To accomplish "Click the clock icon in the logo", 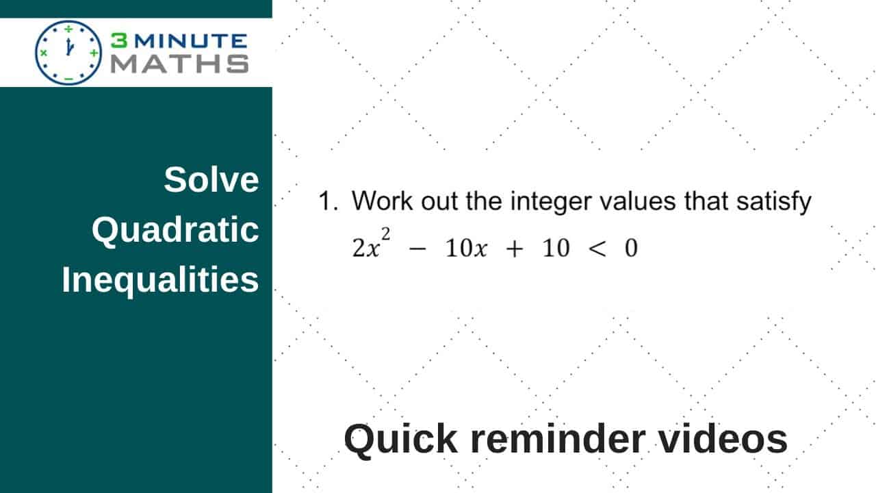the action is point(68,53).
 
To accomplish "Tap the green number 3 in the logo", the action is point(119,40).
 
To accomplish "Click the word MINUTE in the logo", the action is point(191,41).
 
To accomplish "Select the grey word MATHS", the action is point(179,64).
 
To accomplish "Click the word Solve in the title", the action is point(211,180).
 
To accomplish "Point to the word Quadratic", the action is point(175,231).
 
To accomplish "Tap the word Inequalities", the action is point(160,281).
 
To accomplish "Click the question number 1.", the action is point(328,201).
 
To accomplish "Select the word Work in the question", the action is point(382,201).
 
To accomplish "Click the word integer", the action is point(551,203).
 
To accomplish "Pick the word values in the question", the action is point(638,201).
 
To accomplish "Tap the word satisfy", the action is point(774,203).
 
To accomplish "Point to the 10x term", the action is point(466,248).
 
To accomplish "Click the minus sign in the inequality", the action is point(417,249).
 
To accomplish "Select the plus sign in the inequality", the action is point(515,249).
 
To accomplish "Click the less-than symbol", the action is point(597,249).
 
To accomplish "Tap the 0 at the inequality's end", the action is point(631,248).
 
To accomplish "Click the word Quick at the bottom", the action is point(401,440).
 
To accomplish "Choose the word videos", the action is point(723,439).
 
